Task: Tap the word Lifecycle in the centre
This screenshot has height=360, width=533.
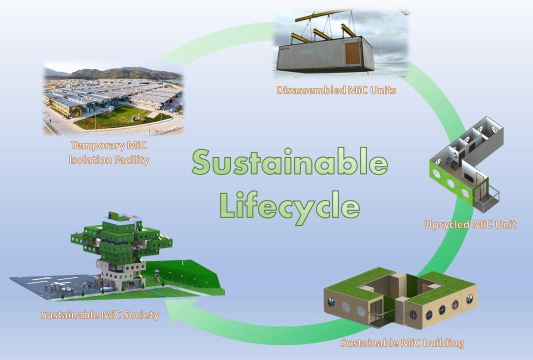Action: click(x=289, y=204)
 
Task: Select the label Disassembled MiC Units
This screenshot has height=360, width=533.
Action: click(x=336, y=90)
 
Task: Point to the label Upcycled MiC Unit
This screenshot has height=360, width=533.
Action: click(x=470, y=224)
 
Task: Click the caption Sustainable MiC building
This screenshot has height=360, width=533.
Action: click(x=402, y=342)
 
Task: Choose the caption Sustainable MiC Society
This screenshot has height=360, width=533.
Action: click(x=100, y=315)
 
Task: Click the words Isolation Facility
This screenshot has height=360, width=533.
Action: click(x=109, y=160)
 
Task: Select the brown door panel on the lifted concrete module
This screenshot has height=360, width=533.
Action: click(x=352, y=53)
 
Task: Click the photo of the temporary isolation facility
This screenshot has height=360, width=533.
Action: click(x=113, y=98)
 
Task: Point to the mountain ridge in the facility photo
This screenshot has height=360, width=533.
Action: click(x=119, y=72)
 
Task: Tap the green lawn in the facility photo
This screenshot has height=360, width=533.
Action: click(x=122, y=117)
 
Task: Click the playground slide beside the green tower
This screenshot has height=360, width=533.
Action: click(x=157, y=275)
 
